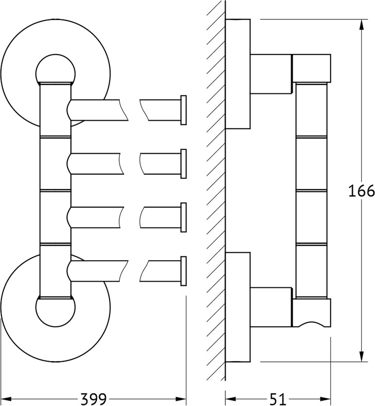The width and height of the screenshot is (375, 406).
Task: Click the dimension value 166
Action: click(361, 191)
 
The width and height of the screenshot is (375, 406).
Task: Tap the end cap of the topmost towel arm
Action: click(184, 110)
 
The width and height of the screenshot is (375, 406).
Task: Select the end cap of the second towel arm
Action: click(184, 164)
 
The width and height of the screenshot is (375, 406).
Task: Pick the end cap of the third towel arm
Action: click(184, 217)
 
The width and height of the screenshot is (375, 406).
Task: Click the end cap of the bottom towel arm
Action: click(184, 271)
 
